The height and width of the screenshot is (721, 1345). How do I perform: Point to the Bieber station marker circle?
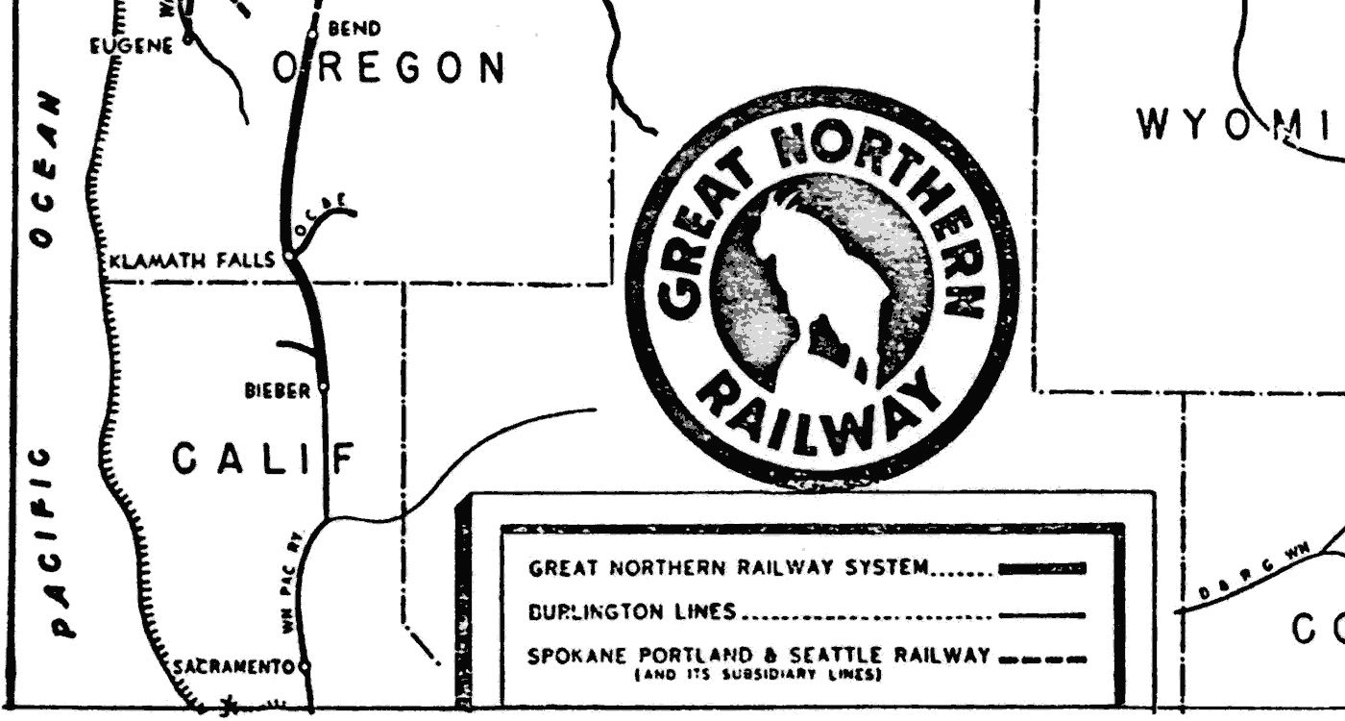pyautogui.click(x=324, y=387)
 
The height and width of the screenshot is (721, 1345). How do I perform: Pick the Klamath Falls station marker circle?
pyautogui.click(x=287, y=258)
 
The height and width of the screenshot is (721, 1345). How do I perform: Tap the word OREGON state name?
pyautogui.click(x=389, y=69)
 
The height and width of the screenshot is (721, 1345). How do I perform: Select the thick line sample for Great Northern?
pyautogui.click(x=1042, y=569)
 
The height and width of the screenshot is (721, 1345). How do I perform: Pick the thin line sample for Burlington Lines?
pyautogui.click(x=1042, y=614)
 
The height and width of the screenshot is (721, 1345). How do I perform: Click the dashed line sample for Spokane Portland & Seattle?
pyautogui.click(x=1042, y=659)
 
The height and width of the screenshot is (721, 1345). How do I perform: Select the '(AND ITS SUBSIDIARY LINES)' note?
pyautogui.click(x=758, y=676)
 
